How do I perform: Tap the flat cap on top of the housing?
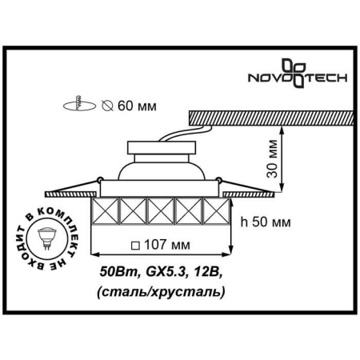point(162,144)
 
